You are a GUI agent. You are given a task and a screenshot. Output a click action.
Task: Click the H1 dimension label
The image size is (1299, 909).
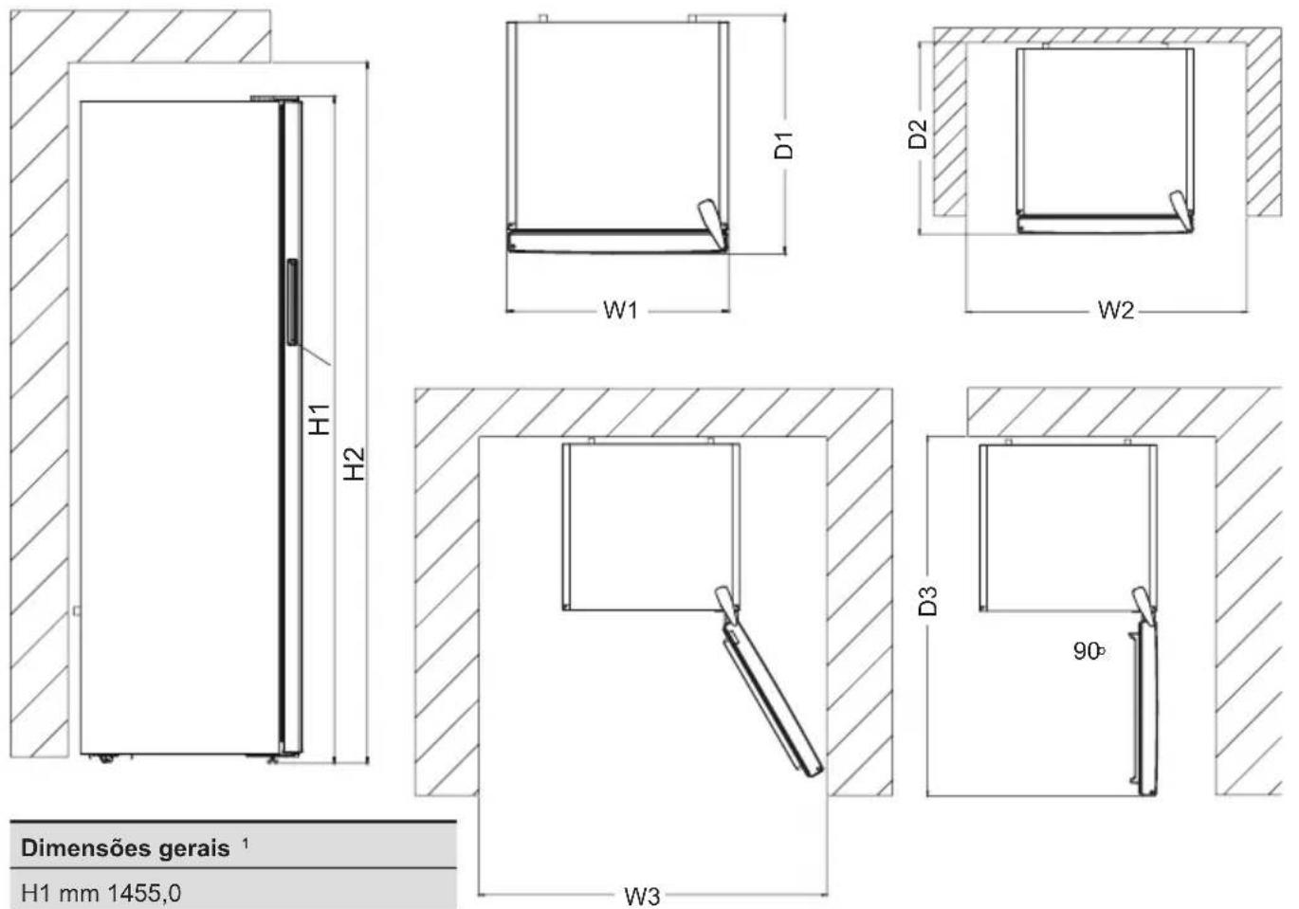click(x=319, y=419)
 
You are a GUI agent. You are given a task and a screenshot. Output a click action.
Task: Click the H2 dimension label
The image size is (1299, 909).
click(x=355, y=464)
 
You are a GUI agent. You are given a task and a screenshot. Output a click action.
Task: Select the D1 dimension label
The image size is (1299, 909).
click(x=783, y=146)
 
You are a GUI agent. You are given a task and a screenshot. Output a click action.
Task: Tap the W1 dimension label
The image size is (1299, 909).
click(x=620, y=311)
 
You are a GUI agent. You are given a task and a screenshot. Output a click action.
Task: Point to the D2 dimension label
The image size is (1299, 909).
click(x=918, y=134)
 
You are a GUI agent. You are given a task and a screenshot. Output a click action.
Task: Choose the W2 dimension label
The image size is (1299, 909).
click(x=1116, y=310)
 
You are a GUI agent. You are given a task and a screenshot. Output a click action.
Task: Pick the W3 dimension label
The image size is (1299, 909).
click(x=642, y=897)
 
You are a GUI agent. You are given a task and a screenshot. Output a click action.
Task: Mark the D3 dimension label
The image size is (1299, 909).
click(x=928, y=601)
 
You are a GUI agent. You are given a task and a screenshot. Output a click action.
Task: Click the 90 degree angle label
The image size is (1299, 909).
click(x=1089, y=651)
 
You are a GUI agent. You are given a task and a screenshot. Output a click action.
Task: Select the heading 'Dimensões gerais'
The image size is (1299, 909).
click(x=125, y=848)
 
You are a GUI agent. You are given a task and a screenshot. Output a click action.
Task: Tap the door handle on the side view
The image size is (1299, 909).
click(x=293, y=302)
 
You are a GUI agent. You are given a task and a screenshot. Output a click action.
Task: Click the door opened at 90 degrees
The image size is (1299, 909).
click(x=1145, y=709)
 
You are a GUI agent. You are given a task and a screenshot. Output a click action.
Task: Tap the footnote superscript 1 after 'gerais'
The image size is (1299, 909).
click(x=246, y=844)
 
